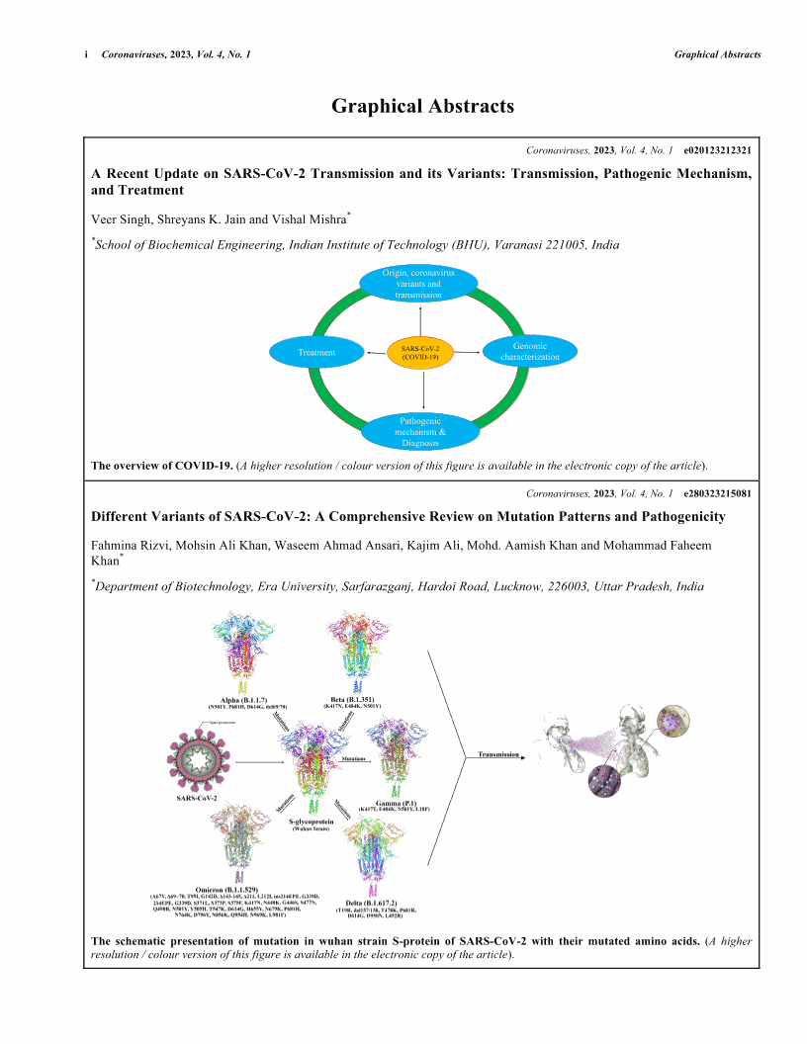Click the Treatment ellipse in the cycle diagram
[316, 352]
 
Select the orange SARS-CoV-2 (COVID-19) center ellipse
[420, 352]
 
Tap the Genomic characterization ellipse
[529, 351]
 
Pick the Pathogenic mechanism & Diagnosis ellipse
[422, 432]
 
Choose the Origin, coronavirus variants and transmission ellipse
[420, 282]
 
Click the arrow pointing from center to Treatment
[377, 352]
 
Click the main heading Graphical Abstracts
[422, 106]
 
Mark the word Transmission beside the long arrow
[498, 754]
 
